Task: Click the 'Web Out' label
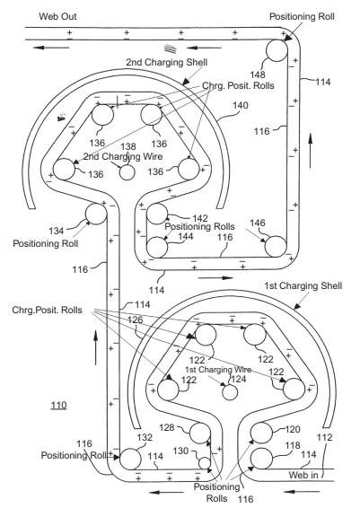[57, 16]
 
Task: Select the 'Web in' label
[303, 475]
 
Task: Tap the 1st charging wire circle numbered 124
[230, 392]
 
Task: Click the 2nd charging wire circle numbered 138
[127, 172]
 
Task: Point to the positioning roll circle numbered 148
[277, 50]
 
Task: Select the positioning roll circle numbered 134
[96, 214]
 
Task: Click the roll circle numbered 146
[276, 247]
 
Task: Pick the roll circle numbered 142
[157, 214]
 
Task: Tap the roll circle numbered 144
[157, 247]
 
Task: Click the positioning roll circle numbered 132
[130, 459]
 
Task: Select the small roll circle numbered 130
[205, 463]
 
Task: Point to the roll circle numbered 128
[200, 433]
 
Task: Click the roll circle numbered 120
[261, 433]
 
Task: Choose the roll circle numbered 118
[261, 459]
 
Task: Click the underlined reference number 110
[58, 406]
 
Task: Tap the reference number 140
[241, 105]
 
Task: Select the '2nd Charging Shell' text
[167, 62]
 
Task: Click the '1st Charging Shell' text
[303, 285]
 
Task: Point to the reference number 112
[324, 437]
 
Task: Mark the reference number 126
[135, 320]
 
